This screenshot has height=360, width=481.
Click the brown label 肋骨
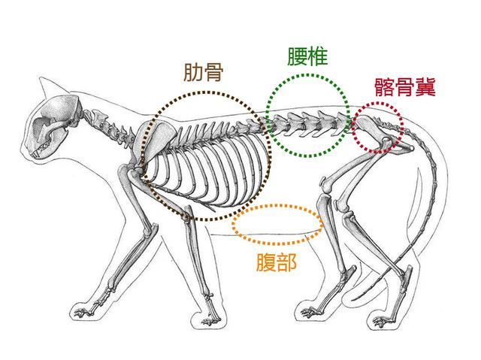point(205,72)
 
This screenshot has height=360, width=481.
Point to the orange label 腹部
point(277,262)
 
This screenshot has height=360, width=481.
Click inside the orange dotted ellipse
point(277,225)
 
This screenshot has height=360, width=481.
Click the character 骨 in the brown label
point(217,72)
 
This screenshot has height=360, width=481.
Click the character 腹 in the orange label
point(266,262)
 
